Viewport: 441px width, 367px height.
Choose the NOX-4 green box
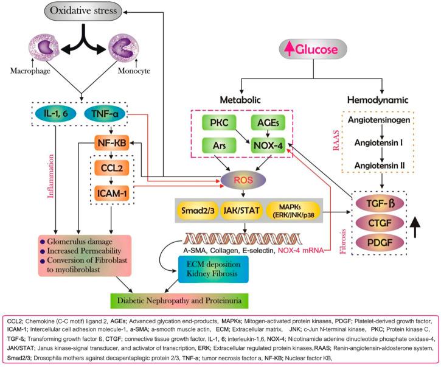(x=269, y=146)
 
